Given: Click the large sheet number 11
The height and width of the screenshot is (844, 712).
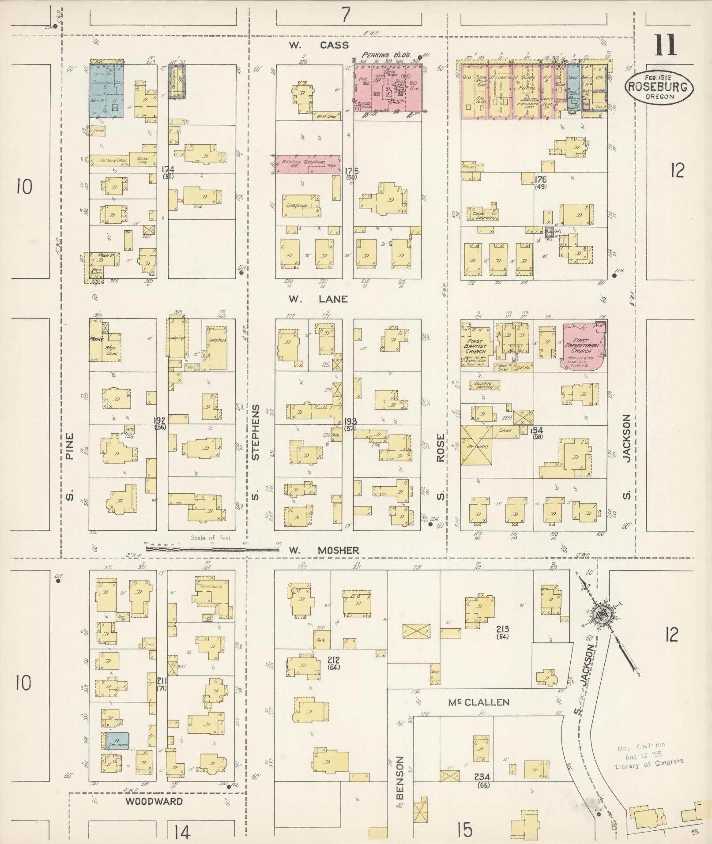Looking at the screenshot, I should (x=665, y=45).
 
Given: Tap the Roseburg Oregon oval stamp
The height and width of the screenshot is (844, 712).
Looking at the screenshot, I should (x=659, y=88).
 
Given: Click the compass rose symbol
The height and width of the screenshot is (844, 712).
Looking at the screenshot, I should (x=602, y=617).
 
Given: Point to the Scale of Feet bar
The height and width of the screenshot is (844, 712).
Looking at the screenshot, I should (x=212, y=549).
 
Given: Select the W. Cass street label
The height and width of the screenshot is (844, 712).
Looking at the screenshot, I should (x=319, y=45).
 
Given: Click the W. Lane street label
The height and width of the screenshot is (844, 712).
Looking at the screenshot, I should (x=318, y=299).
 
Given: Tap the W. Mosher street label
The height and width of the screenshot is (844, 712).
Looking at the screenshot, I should (x=324, y=550).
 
